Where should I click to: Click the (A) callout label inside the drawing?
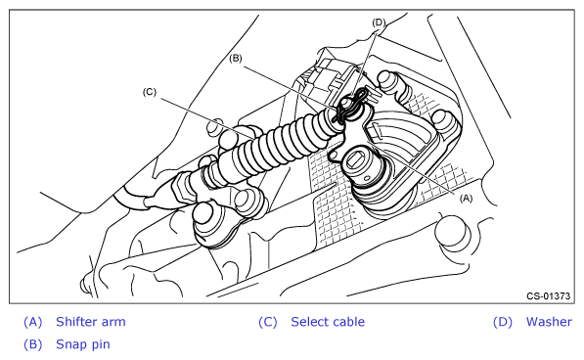click(x=466, y=199)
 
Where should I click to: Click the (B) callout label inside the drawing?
click(x=236, y=59)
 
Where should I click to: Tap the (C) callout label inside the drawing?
click(x=150, y=92)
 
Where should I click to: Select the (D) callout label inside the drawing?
click(x=379, y=22)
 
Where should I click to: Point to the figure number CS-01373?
click(x=548, y=296)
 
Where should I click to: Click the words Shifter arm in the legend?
click(x=91, y=322)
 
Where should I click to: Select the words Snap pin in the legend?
click(x=83, y=344)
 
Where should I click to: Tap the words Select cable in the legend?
click(x=328, y=322)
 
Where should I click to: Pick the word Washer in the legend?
click(x=549, y=322)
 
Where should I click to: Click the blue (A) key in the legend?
click(x=33, y=322)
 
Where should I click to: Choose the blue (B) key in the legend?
click(x=33, y=344)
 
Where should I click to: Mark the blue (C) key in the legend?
click(x=268, y=322)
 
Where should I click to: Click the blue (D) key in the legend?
click(x=503, y=322)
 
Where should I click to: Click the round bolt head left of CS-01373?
click(x=452, y=232)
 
